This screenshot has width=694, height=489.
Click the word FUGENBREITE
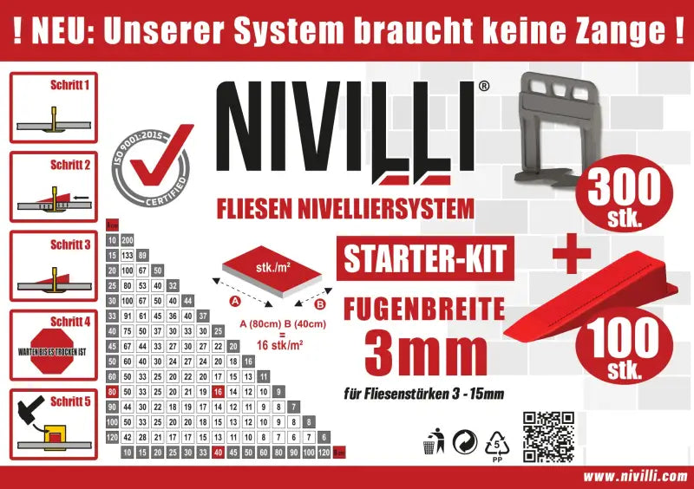pos(423,309)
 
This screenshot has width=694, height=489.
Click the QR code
pos(548,438)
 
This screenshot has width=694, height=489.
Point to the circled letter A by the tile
pos(234,300)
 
